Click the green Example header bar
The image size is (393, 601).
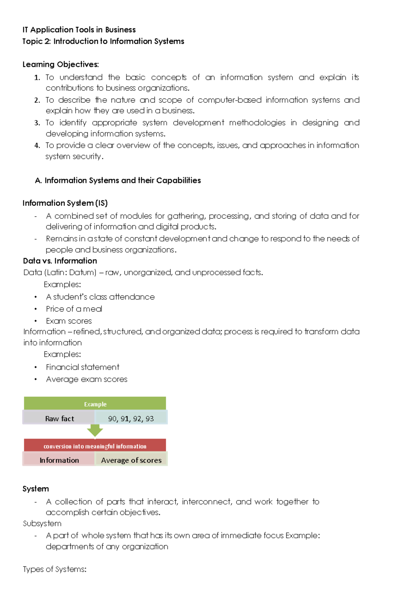pyautogui.click(x=95, y=404)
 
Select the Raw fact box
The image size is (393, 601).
pyautogui.click(x=59, y=418)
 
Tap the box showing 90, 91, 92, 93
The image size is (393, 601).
pyautogui.click(x=131, y=418)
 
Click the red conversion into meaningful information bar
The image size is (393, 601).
pyautogui.click(x=95, y=446)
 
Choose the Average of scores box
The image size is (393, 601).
pyautogui.click(x=131, y=460)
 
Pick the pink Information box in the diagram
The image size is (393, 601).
pyautogui.click(x=59, y=460)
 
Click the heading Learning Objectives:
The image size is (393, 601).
pyautogui.click(x=61, y=64)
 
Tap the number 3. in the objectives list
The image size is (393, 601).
pyautogui.click(x=37, y=123)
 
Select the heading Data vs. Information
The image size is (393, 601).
pyautogui.click(x=60, y=261)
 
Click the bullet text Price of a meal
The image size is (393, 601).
pyautogui.click(x=74, y=309)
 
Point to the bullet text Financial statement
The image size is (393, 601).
pyautogui.click(x=83, y=367)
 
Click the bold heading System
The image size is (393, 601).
pyautogui.click(x=36, y=489)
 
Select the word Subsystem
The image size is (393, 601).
pyautogui.click(x=42, y=523)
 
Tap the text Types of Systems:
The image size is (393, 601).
pyautogui.click(x=55, y=569)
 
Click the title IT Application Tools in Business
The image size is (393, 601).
pyautogui.click(x=79, y=30)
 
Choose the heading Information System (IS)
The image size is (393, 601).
pyautogui.click(x=65, y=203)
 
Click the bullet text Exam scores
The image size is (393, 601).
pyautogui.click(x=69, y=321)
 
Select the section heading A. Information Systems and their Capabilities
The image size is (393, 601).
pyautogui.click(x=118, y=180)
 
